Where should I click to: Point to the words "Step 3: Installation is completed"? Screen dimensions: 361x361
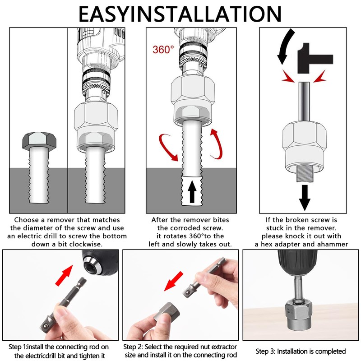(x=301, y=351)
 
